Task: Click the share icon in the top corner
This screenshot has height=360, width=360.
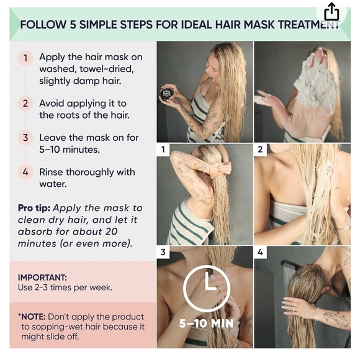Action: pos(331,12)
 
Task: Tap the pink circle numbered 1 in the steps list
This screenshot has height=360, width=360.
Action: pos(25,58)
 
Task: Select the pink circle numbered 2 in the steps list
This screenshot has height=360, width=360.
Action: pos(25,103)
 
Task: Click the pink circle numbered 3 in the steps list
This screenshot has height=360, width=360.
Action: pos(25,138)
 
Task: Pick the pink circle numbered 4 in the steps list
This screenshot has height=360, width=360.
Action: pos(25,172)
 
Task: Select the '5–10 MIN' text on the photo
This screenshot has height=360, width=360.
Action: pos(205,323)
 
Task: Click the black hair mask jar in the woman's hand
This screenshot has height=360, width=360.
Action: pos(166,94)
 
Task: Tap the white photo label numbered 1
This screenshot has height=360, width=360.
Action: pos(163,150)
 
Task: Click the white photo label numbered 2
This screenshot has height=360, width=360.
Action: pos(260,150)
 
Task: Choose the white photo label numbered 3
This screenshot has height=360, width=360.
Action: pos(163,252)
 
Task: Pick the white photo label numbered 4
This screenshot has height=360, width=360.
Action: pos(260,252)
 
